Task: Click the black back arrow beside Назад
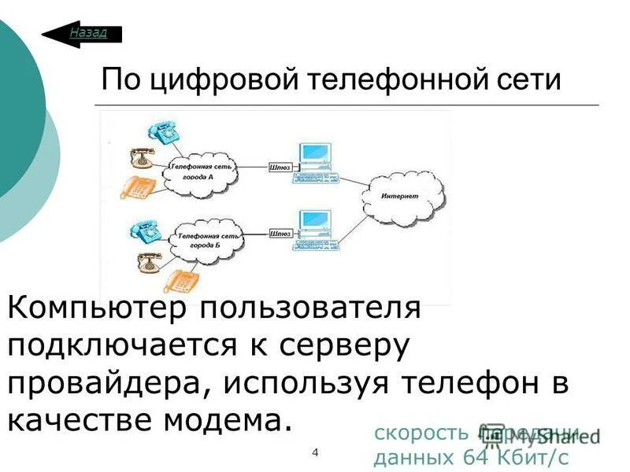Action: point(57,34)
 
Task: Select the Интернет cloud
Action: point(401,196)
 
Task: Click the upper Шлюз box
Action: point(281,167)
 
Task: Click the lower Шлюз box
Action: point(281,234)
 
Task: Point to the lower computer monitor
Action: point(312,222)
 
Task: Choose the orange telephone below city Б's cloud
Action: point(180,281)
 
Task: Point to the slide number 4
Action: point(315,452)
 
